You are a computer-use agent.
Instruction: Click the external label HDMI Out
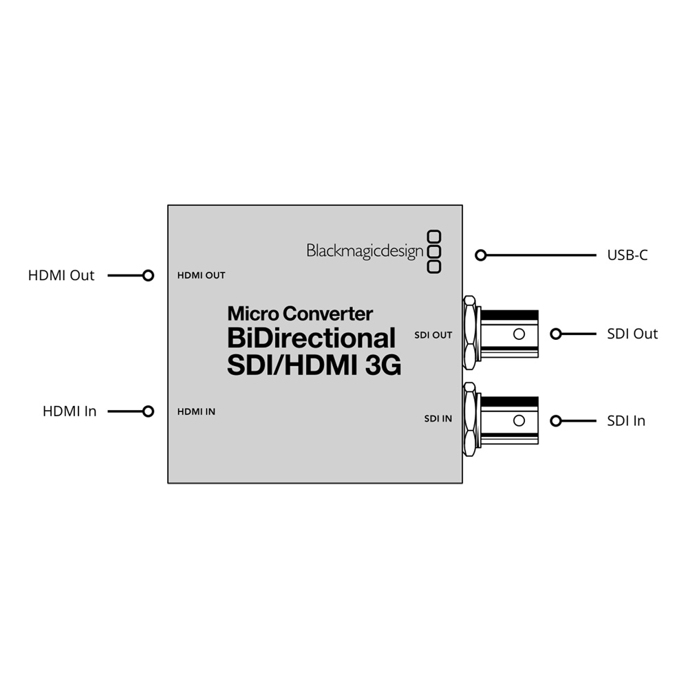[x=61, y=275]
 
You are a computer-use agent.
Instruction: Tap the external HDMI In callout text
[x=69, y=411]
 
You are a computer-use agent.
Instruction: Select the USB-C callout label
[x=627, y=255]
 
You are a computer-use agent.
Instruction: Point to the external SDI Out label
[x=632, y=334]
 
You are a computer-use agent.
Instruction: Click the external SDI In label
[x=626, y=421]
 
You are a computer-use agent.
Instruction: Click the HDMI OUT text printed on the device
[x=201, y=276]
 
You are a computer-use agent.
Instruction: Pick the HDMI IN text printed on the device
[x=196, y=411]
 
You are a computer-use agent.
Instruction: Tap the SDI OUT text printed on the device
[x=433, y=335]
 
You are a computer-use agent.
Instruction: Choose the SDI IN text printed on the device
[x=438, y=418]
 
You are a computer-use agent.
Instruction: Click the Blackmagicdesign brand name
[x=365, y=251]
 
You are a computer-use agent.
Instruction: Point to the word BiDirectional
[x=311, y=338]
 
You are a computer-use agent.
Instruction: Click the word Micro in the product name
[x=253, y=314]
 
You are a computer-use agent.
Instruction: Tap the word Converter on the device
[x=327, y=314]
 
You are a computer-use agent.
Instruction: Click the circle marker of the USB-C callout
[x=481, y=255]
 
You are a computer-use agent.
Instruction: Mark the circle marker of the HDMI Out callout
[x=149, y=275]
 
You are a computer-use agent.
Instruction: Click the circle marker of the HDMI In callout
[x=149, y=411]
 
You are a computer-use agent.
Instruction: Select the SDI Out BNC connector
[x=501, y=334]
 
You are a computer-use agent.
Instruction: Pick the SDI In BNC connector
[x=501, y=420]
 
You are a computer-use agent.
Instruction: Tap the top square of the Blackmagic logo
[x=434, y=237]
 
